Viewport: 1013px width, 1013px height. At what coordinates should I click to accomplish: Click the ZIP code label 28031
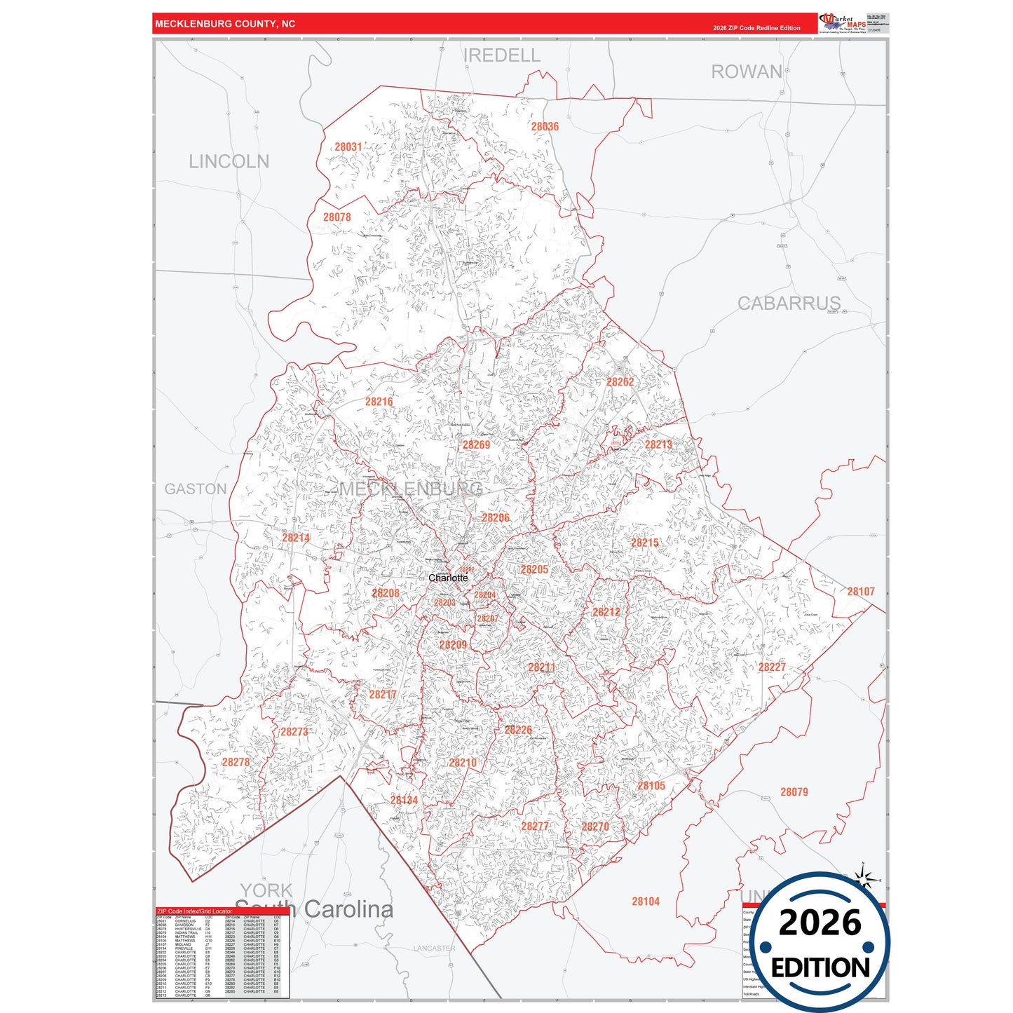point(348,147)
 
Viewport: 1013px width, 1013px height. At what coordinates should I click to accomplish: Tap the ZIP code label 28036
point(545,127)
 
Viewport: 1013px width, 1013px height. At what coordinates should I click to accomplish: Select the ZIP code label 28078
point(336,217)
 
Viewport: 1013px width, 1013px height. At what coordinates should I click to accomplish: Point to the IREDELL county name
point(502,55)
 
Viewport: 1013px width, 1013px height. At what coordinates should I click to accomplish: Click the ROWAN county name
point(746,72)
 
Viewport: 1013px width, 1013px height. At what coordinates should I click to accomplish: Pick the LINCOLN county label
point(229,162)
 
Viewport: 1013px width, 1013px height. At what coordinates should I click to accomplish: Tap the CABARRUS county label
point(789,304)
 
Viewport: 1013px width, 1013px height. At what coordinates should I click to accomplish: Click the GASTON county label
point(196,489)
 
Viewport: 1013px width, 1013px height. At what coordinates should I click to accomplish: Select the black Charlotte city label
point(448,578)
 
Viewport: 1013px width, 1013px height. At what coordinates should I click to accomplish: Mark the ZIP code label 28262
point(620,382)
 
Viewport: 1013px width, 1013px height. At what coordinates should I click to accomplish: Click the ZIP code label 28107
point(860,592)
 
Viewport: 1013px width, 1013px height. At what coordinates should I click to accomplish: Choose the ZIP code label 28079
point(794,792)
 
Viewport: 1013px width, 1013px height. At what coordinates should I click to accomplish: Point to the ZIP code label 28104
point(645,902)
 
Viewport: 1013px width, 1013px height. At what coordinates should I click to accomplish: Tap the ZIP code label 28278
point(236,762)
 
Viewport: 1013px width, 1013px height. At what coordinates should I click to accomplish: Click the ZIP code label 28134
point(404,800)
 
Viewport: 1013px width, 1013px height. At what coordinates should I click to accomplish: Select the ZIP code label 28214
point(296,538)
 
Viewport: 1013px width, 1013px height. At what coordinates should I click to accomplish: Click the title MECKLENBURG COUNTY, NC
point(225,24)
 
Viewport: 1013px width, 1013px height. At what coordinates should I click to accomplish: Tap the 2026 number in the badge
point(820,923)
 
